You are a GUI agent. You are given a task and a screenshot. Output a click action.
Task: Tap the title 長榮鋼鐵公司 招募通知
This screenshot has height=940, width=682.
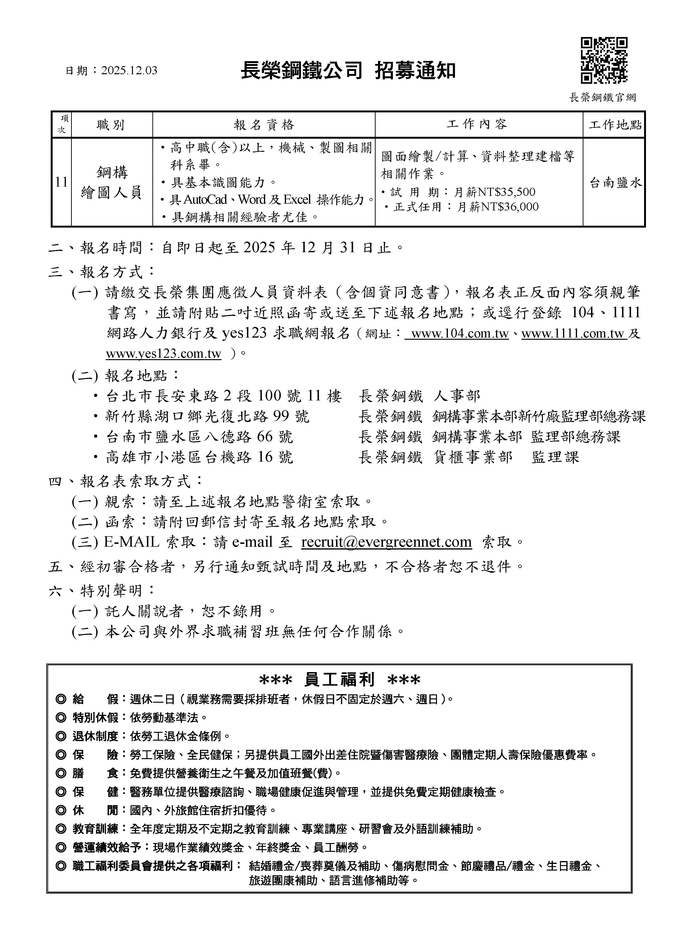pyautogui.click(x=348, y=70)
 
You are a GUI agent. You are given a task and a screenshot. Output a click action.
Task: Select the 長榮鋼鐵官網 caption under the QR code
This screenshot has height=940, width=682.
pyautogui.click(x=602, y=98)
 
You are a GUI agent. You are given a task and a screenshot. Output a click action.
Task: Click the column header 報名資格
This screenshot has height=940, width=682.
pyautogui.click(x=264, y=125)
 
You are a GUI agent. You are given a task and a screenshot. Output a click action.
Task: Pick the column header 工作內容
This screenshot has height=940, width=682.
pyautogui.click(x=477, y=124)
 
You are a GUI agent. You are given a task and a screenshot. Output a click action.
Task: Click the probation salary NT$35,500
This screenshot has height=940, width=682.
pyautogui.click(x=506, y=192)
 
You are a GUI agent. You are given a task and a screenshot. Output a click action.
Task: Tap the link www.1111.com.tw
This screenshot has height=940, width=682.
pyautogui.click(x=573, y=334)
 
